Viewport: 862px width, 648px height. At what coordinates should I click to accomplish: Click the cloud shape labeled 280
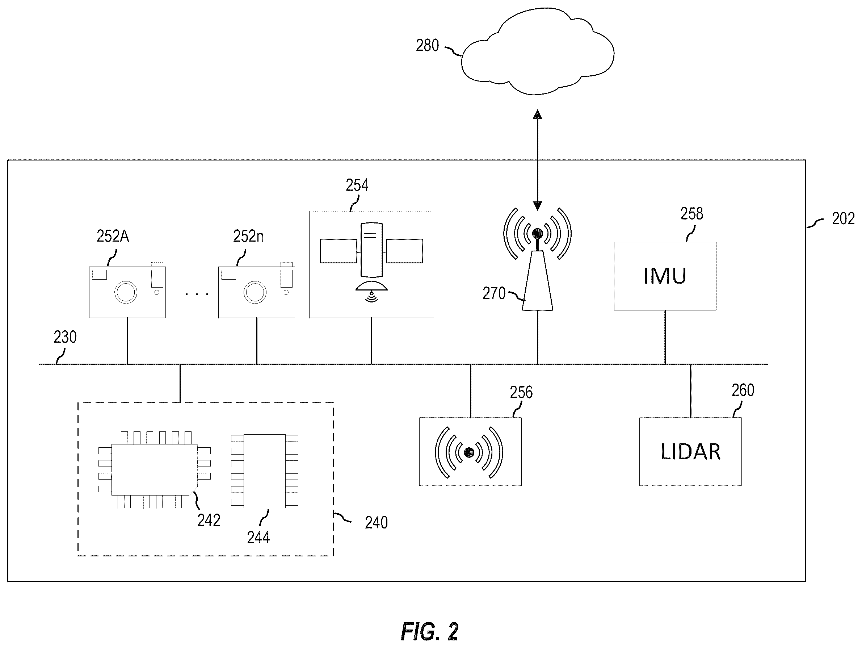(538, 51)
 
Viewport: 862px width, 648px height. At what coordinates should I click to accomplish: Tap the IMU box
(665, 276)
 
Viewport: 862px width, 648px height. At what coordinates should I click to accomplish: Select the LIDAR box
(690, 451)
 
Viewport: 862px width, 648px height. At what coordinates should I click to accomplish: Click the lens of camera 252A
(126, 292)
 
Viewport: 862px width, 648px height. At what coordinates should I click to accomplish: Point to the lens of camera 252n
(255, 292)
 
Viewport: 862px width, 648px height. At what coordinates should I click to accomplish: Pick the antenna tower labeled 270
(537, 280)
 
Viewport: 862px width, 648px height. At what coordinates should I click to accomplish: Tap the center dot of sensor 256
(469, 452)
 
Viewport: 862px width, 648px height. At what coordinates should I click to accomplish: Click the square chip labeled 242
(154, 469)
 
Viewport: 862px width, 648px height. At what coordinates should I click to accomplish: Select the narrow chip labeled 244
(265, 471)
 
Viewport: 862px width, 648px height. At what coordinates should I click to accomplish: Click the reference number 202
(843, 219)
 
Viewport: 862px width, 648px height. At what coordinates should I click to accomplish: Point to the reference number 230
(65, 337)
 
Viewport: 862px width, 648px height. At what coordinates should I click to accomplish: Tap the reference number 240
(377, 522)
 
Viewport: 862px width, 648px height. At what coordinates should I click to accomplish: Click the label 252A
(113, 236)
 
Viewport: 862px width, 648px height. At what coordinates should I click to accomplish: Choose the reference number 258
(692, 214)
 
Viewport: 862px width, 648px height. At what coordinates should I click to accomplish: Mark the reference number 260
(743, 390)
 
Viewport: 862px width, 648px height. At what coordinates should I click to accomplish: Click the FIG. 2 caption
(429, 631)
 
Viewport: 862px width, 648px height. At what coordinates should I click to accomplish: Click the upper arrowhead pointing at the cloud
(538, 114)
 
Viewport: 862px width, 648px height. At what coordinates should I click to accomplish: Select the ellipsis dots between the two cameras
(197, 294)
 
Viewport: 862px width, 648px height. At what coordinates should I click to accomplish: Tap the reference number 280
(428, 46)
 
